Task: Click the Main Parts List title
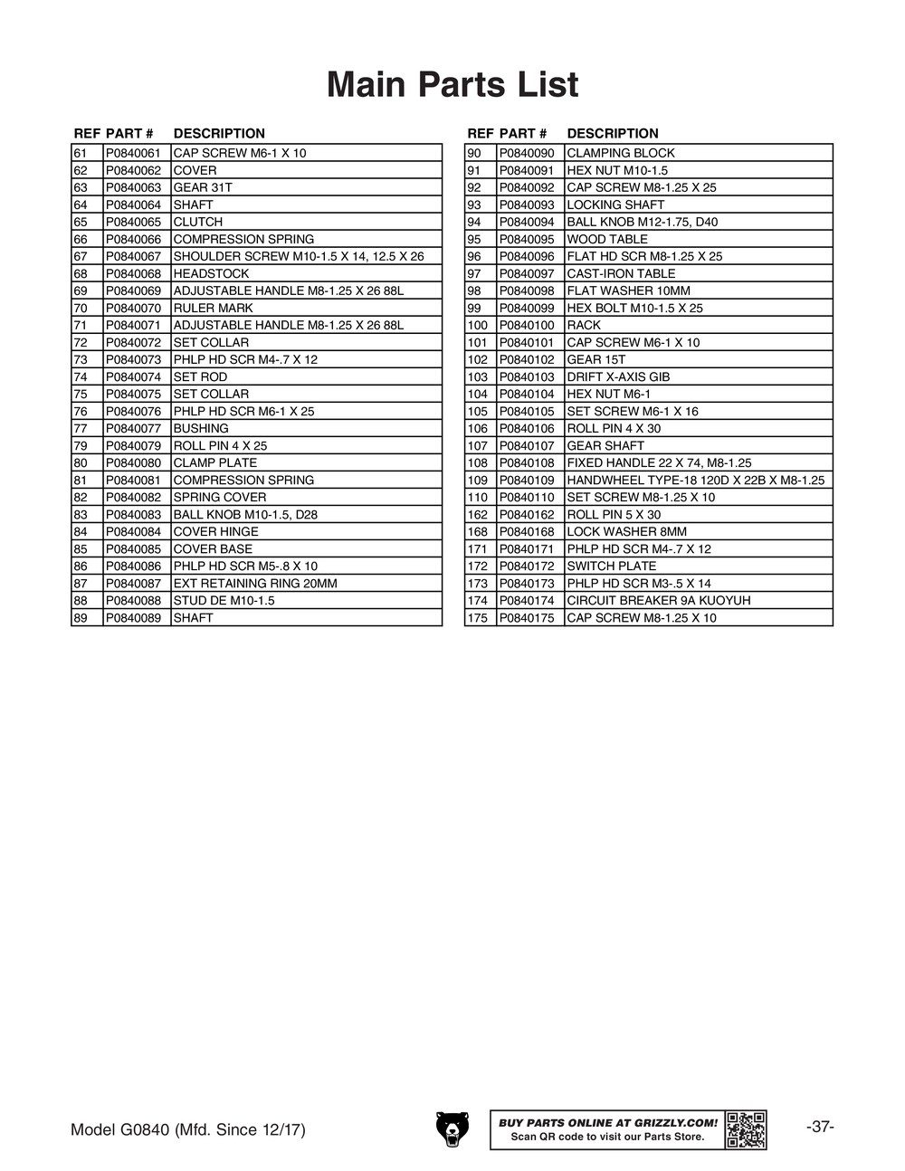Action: [x=452, y=85]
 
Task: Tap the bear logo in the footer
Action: [x=452, y=1128]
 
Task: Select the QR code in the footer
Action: [x=746, y=1129]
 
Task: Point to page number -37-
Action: [x=819, y=1127]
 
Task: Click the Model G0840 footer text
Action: [x=188, y=1130]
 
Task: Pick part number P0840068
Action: [x=133, y=273]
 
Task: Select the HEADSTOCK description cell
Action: [x=211, y=273]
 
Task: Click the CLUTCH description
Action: [x=198, y=222]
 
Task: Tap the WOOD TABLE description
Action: [x=607, y=239]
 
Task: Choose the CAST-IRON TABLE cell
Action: [x=621, y=273]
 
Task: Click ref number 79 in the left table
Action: [x=81, y=445]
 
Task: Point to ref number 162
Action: [x=478, y=514]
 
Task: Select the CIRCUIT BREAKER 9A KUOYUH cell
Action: [x=658, y=600]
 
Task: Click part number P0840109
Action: [x=527, y=480]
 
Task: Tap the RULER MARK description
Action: [x=213, y=308]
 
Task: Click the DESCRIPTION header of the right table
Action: [x=613, y=133]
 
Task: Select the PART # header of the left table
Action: [x=129, y=133]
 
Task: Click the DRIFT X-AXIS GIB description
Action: [x=618, y=376]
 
